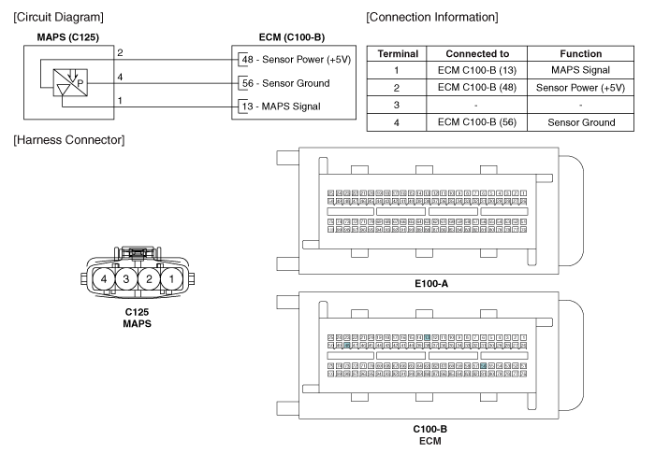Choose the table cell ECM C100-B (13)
pos(483,71)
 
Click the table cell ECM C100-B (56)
pos(483,121)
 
